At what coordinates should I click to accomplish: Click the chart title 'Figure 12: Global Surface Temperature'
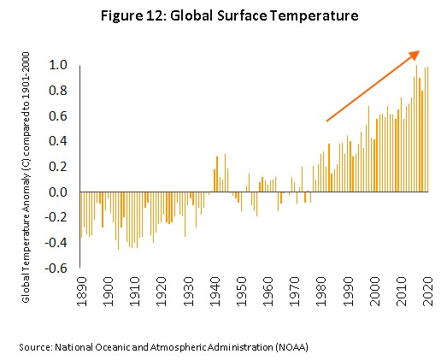tap(229, 16)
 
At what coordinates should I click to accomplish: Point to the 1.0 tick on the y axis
tap(58, 65)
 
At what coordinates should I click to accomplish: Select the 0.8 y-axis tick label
tap(58, 91)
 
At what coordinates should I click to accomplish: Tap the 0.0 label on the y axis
tap(58, 192)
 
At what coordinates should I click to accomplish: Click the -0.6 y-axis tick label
tap(56, 269)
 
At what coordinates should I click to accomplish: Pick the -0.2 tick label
tap(56, 218)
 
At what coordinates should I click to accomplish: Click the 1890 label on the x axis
tap(82, 292)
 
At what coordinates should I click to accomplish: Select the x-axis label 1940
tap(215, 292)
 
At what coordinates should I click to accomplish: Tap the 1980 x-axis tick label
tap(321, 292)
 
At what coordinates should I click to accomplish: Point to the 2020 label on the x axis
tap(428, 292)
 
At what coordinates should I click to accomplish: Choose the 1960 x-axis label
tap(268, 292)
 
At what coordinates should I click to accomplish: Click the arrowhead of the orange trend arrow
tap(415, 55)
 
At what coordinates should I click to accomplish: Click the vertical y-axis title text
tap(26, 177)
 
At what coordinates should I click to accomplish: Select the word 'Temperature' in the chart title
tap(315, 16)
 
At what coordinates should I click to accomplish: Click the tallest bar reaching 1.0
tap(416, 128)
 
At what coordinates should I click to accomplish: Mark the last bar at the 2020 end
tap(427, 129)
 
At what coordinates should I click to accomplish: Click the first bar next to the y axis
tap(81, 215)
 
